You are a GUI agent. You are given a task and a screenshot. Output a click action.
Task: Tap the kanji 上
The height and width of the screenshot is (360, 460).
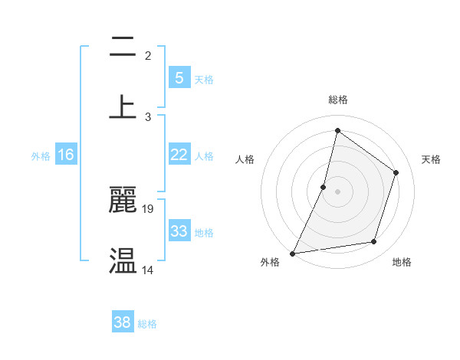click(x=123, y=106)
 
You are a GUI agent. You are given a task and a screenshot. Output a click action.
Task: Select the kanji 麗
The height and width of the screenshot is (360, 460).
click(x=123, y=199)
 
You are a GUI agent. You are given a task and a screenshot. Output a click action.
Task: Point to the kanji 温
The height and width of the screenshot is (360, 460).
click(x=123, y=260)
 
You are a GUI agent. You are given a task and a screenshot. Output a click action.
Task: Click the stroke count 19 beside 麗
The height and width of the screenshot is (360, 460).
click(x=149, y=208)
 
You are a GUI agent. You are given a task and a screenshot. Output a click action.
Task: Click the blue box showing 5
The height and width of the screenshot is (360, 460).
click(x=179, y=77)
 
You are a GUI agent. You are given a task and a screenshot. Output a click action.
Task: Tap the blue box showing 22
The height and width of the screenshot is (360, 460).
click(x=179, y=155)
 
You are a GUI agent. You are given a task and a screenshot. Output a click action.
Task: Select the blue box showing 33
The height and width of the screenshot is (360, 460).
click(x=179, y=231)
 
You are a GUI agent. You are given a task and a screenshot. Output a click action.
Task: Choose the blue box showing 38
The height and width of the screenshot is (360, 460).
click(x=123, y=322)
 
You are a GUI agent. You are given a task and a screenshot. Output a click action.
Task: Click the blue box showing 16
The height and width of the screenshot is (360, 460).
click(x=66, y=155)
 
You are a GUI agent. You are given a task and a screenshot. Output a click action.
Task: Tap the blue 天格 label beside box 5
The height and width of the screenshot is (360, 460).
click(x=204, y=79)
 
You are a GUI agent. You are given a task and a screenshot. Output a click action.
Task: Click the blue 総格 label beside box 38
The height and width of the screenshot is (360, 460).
click(x=147, y=324)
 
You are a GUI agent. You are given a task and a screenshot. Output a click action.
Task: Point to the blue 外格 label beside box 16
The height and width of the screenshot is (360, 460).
click(x=41, y=156)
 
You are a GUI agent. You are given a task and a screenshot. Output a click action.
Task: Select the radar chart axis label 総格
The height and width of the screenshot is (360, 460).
click(x=337, y=100)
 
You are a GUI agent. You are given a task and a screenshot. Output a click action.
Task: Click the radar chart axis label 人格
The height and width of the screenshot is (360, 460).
click(x=245, y=159)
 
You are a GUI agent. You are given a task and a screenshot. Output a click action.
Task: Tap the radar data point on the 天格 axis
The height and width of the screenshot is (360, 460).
click(x=396, y=172)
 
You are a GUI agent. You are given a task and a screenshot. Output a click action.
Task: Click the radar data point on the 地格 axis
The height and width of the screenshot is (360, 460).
click(x=374, y=242)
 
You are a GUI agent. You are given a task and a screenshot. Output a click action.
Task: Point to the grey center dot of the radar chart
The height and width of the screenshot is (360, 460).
click(x=337, y=191)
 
